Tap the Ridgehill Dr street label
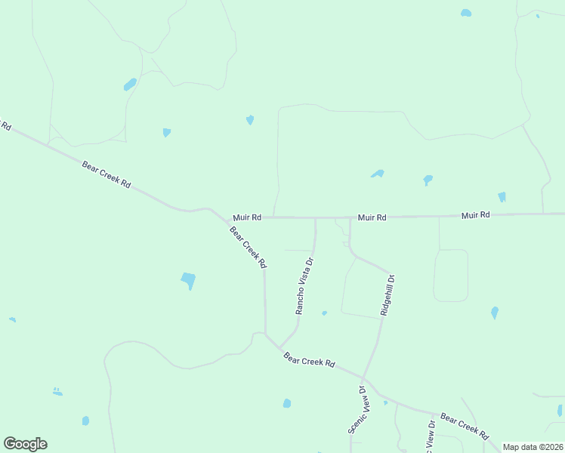coord(387,294)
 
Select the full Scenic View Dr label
coord(357,410)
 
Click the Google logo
coord(25,443)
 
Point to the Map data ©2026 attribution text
coord(533,447)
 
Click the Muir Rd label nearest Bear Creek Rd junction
coord(247,217)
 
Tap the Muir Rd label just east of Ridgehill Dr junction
coord(372,217)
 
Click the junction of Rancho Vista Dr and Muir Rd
coord(315,218)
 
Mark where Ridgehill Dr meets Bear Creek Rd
coord(363,378)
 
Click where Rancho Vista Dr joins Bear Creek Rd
coord(280,347)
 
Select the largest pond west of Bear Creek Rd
coord(188,281)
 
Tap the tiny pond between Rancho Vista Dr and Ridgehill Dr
coord(324,313)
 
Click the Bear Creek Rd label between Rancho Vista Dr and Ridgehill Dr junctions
coord(309,359)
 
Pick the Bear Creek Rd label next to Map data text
coord(465,427)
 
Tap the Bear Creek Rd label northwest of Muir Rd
coord(107,173)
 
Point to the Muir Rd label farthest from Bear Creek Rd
coord(476,215)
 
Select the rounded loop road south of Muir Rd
coord(451,276)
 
